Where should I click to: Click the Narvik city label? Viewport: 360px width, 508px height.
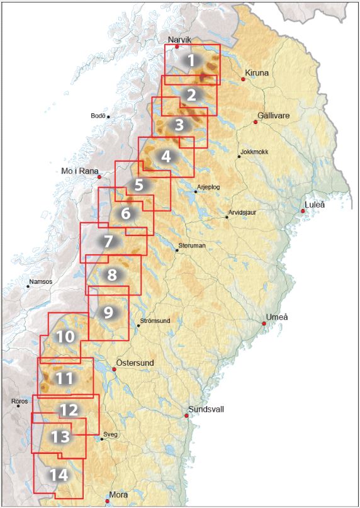pyautogui.click(x=178, y=39)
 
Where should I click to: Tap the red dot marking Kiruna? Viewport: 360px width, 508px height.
pyautogui.click(x=243, y=79)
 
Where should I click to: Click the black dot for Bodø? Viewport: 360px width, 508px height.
pyautogui.click(x=108, y=116)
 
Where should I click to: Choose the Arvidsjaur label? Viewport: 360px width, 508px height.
pyautogui.click(x=244, y=212)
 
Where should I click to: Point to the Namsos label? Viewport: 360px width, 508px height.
pyautogui.click(x=41, y=281)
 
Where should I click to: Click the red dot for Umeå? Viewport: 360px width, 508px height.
pyautogui.click(x=264, y=324)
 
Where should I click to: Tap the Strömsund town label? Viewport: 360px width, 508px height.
pyautogui.click(x=157, y=320)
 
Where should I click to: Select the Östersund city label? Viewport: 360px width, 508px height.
pyautogui.click(x=135, y=363)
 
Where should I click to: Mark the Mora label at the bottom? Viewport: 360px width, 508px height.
pyautogui.click(x=117, y=495)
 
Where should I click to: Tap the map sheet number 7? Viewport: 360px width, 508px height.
pyautogui.click(x=108, y=241)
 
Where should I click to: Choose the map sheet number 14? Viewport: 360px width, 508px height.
pyautogui.click(x=59, y=475)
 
